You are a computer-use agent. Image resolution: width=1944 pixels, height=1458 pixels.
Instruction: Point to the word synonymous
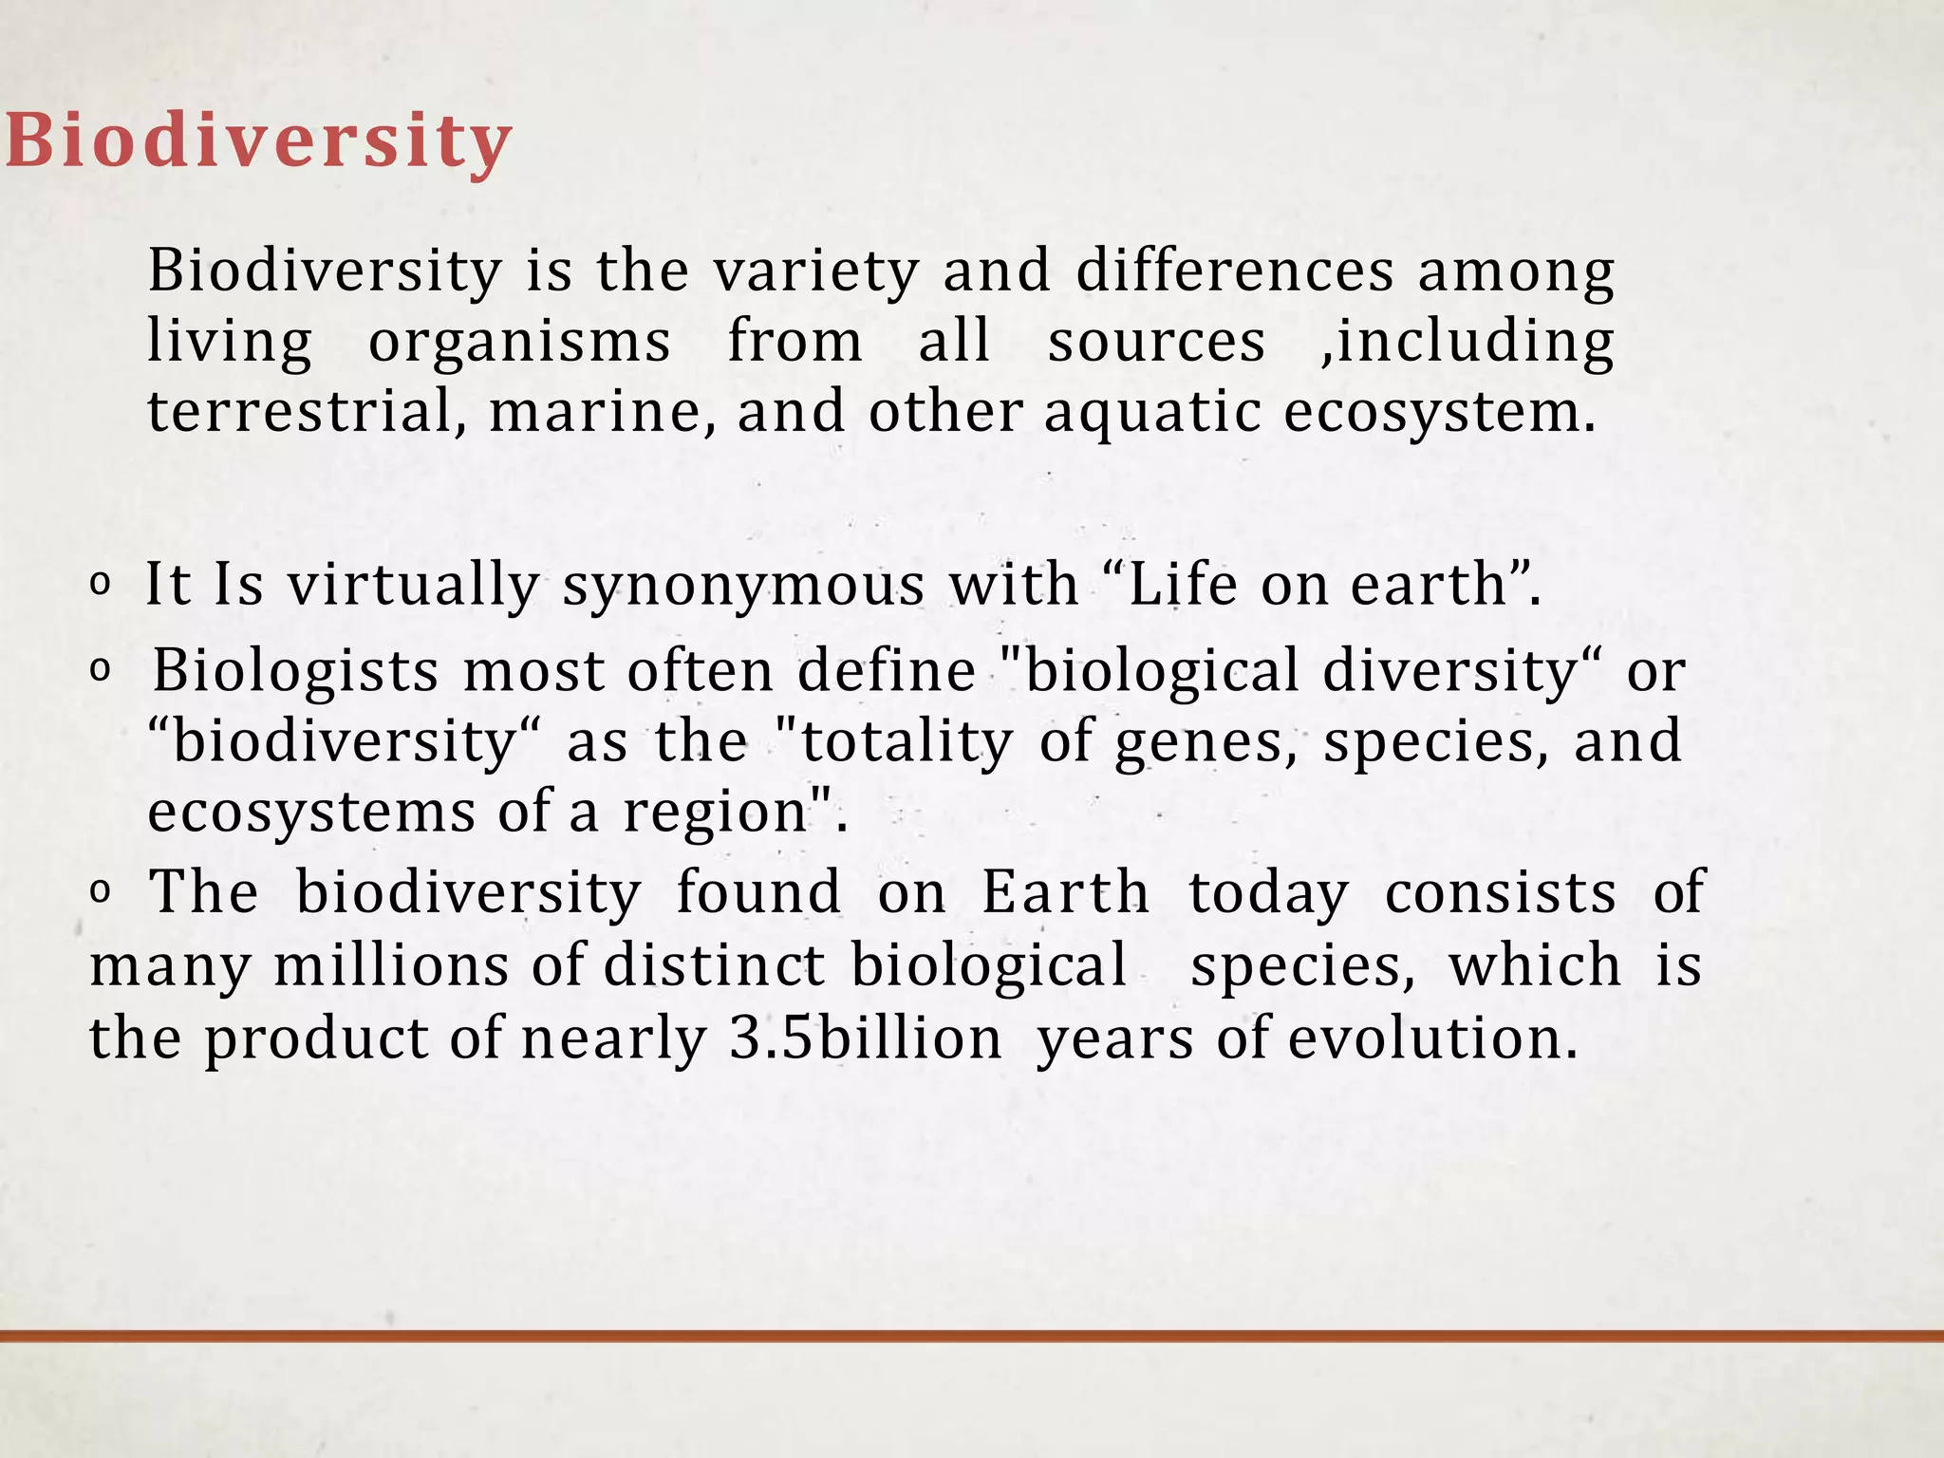pos(743,586)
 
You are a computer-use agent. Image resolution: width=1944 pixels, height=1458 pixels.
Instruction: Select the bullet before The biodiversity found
pos(99,892)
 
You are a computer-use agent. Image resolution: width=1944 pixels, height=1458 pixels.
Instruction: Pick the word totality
pos(907,742)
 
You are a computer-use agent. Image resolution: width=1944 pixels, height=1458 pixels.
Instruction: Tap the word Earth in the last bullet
pos(1065,893)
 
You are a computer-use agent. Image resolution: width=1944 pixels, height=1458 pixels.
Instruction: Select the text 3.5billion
pos(866,1038)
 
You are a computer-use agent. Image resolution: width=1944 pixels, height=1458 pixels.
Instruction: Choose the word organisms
pos(519,343)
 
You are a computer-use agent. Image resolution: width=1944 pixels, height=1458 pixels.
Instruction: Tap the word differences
pos(1234,271)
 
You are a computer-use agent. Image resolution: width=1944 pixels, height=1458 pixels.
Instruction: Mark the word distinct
pos(714,965)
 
